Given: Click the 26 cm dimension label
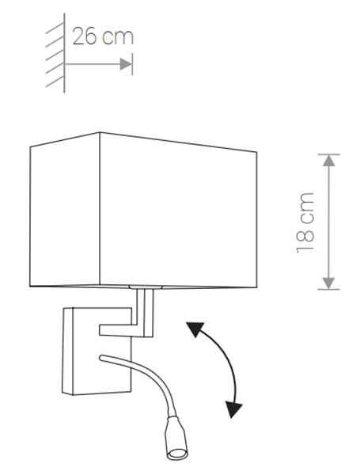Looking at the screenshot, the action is [x=103, y=36].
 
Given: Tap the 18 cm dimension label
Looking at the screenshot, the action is [x=305, y=222].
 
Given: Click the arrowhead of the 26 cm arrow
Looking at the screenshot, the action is [x=126, y=64].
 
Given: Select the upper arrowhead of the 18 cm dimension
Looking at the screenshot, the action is [x=328, y=161].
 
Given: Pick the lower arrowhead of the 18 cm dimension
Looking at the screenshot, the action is [x=328, y=283].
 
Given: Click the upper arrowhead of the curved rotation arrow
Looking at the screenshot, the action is [x=195, y=329].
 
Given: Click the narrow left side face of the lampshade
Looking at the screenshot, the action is [x=65, y=210].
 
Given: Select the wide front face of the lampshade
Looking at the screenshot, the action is [x=178, y=211].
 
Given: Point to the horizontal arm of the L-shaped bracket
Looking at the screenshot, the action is [x=121, y=330].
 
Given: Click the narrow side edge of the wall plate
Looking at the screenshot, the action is [x=67, y=351].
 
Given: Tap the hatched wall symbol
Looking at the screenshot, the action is [x=55, y=53].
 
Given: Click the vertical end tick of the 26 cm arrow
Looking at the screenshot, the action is [x=132, y=64].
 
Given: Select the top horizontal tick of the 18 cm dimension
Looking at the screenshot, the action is [x=328, y=154].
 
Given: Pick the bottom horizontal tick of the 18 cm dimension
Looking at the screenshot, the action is [x=328, y=290].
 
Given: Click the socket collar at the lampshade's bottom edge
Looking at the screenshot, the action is [x=146, y=287].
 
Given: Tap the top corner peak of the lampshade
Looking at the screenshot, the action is [x=100, y=133].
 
